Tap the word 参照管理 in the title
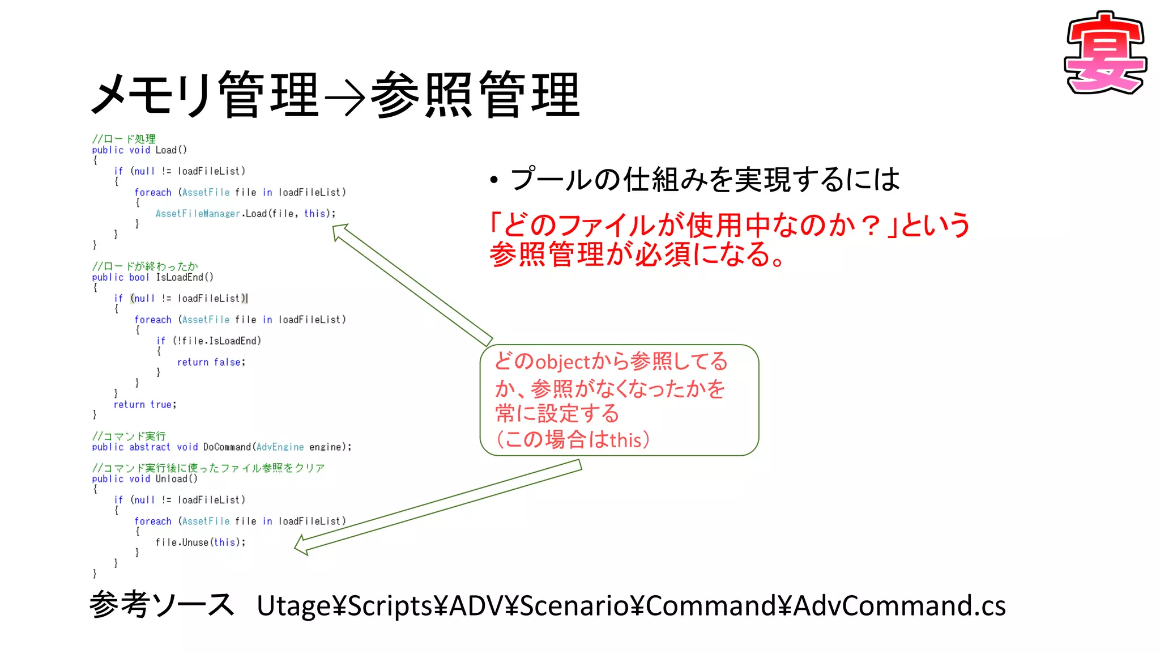(475, 95)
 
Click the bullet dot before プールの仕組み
(494, 180)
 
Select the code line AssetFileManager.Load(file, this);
(245, 214)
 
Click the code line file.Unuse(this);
(201, 542)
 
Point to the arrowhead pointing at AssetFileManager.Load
(340, 231)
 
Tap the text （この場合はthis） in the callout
(572, 440)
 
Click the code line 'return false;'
(211, 362)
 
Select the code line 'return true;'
(145, 405)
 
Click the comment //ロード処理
(123, 139)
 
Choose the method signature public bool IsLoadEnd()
(152, 277)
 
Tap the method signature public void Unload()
(144, 479)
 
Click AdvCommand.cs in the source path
(899, 606)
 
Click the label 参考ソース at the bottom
(161, 605)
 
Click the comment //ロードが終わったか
(145, 266)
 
